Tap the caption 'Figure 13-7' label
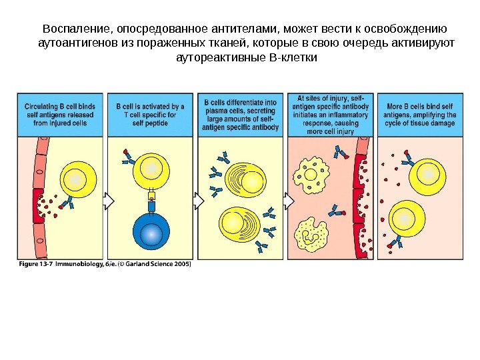click(x=35, y=263)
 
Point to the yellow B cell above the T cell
click(x=151, y=169)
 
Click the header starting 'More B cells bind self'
click(x=420, y=107)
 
